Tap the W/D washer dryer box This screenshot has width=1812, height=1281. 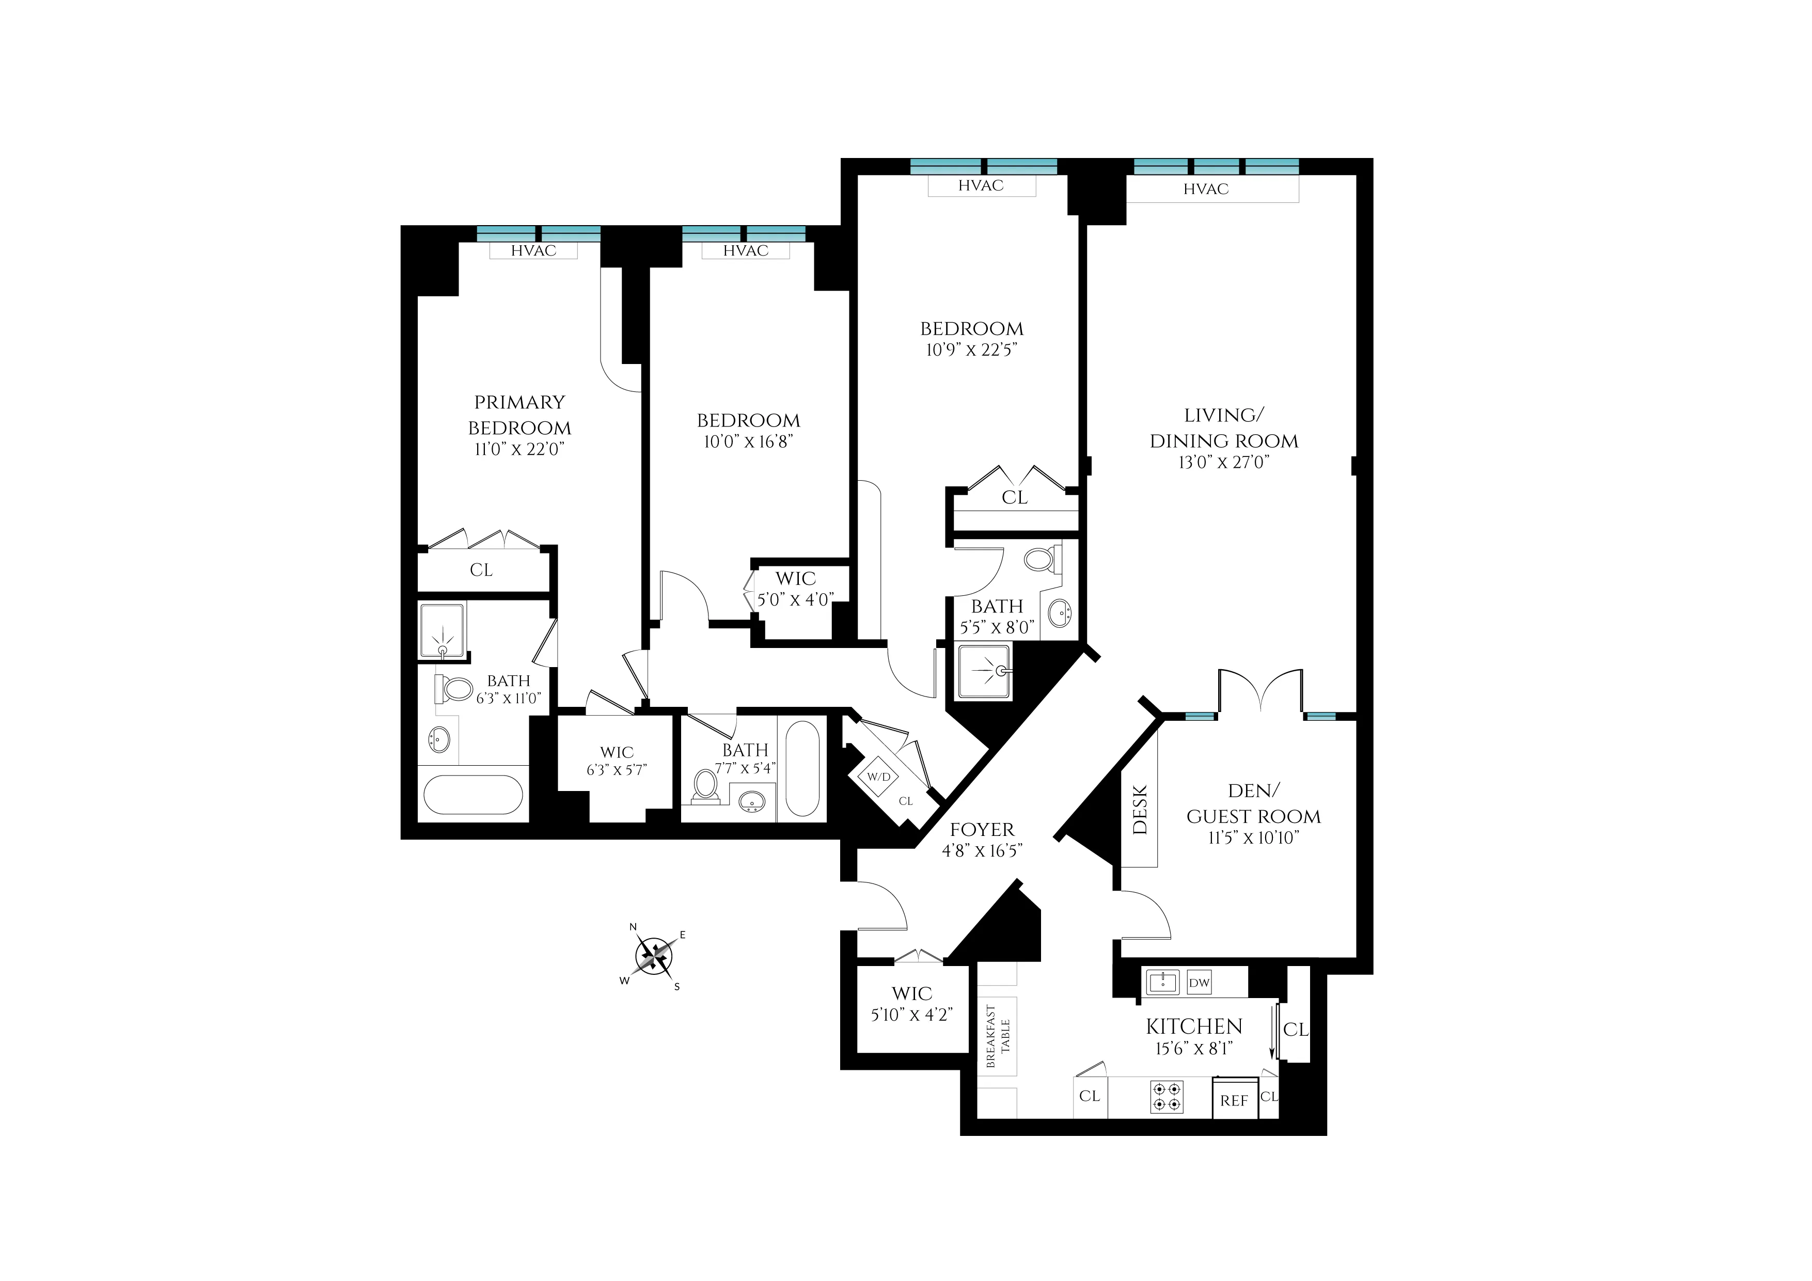tap(878, 776)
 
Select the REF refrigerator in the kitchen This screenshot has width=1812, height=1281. tap(1234, 1100)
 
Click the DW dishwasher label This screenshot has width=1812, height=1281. tap(1199, 983)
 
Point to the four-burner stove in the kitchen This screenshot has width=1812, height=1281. tap(1167, 1097)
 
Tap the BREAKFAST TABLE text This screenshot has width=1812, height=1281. tap(998, 1036)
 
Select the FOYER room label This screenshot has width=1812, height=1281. tap(982, 830)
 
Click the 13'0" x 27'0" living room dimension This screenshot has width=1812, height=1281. tap(1223, 463)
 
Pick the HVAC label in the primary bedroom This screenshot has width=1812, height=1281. tap(533, 251)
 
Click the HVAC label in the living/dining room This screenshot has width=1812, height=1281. tap(1205, 189)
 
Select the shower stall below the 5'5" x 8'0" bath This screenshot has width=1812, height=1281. tap(983, 672)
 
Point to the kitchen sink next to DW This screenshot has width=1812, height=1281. tap(1162, 983)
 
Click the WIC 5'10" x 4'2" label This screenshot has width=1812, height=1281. tap(911, 1004)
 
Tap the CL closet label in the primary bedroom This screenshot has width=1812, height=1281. tap(481, 570)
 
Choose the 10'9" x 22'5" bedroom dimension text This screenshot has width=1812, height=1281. tap(971, 350)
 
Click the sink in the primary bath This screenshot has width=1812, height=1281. tap(439, 739)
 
